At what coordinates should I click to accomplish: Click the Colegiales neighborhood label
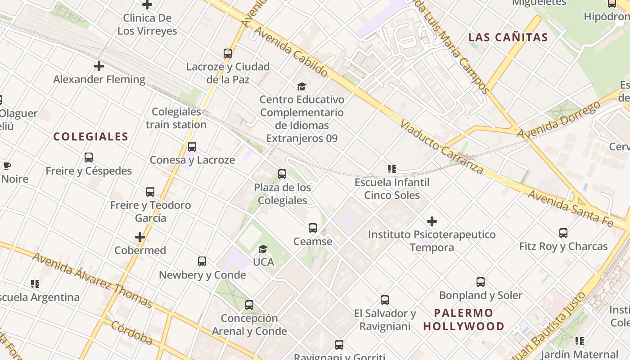click(91, 137)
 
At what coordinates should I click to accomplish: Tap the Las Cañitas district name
click(508, 37)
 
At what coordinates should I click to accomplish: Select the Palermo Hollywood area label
click(463, 319)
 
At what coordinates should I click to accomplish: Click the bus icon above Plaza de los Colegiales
click(282, 174)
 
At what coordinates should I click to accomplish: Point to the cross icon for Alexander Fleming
click(99, 66)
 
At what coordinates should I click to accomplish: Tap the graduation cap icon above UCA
click(263, 249)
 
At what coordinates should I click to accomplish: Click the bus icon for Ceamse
click(313, 228)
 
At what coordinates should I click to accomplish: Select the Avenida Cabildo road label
click(291, 51)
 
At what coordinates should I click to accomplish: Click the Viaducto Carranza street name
click(441, 147)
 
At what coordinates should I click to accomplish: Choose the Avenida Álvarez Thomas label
click(92, 280)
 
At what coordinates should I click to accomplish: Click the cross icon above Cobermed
click(140, 237)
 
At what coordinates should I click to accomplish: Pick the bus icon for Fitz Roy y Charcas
click(563, 233)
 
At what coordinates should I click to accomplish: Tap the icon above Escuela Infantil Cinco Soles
click(392, 169)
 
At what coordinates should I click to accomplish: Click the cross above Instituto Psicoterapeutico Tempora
click(432, 221)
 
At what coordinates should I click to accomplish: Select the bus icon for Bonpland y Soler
click(481, 282)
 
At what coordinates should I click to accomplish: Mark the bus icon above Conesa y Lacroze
click(192, 147)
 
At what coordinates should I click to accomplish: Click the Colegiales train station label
click(176, 118)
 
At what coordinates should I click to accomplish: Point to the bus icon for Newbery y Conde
click(202, 261)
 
